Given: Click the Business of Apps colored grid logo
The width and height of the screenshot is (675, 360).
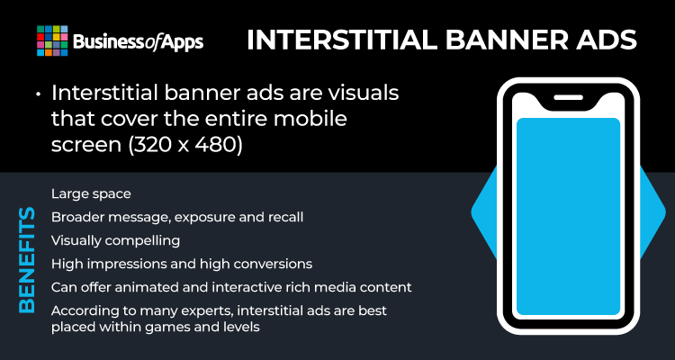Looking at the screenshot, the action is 52,40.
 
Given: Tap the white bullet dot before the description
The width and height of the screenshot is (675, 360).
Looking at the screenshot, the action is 40,94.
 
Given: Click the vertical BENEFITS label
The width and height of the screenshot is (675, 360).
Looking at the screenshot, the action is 27,260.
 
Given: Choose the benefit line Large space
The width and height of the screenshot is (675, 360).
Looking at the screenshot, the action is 91,194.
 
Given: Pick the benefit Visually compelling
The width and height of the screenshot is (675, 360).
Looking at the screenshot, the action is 115,240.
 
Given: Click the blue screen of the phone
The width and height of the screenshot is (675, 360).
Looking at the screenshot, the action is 568,217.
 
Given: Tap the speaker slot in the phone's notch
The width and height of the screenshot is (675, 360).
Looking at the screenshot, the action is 568,97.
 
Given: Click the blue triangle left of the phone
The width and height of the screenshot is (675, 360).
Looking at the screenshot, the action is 484,212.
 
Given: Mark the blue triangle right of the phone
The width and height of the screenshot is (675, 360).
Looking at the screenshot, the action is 652,212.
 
